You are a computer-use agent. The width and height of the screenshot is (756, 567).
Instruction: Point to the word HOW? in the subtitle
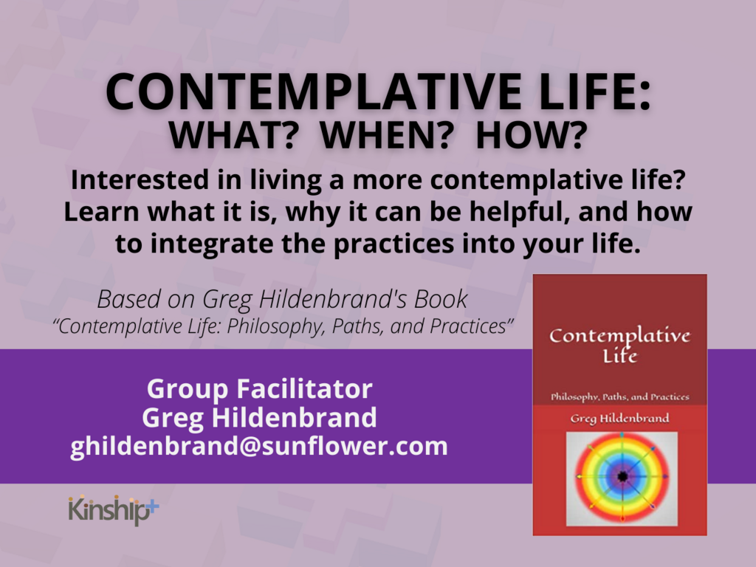pyautogui.click(x=532, y=136)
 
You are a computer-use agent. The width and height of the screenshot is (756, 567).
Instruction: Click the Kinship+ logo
pyautogui.click(x=113, y=509)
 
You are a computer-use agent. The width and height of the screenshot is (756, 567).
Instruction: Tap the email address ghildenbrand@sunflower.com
pyautogui.click(x=259, y=446)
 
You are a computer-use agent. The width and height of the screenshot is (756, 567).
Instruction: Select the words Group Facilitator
pyautogui.click(x=259, y=388)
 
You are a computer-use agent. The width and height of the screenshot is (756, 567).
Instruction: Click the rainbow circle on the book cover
pyautogui.click(x=622, y=477)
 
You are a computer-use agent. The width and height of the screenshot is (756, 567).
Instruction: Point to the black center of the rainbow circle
pyautogui.click(x=622, y=477)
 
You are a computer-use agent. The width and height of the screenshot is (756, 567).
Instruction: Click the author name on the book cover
pyautogui.click(x=620, y=419)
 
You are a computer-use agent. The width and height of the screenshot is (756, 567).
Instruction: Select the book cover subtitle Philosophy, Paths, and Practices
pyautogui.click(x=620, y=397)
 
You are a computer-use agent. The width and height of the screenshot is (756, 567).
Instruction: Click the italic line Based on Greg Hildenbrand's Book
pyautogui.click(x=282, y=299)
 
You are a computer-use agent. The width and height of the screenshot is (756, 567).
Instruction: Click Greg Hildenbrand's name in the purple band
pyautogui.click(x=259, y=418)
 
